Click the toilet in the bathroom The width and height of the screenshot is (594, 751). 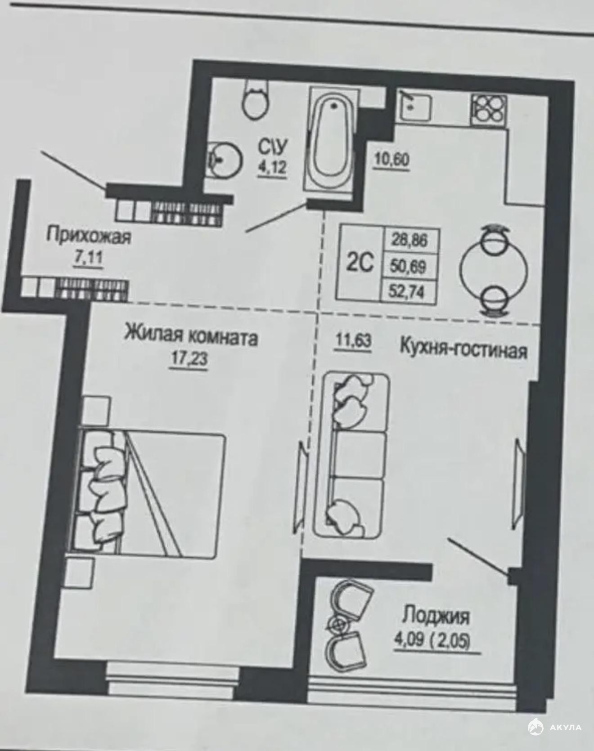coord(256,100)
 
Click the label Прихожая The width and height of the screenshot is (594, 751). coord(89,236)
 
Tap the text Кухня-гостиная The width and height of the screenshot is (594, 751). coord(463,349)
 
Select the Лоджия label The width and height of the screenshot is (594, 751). coord(436,616)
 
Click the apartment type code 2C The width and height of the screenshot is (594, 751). coord(360,263)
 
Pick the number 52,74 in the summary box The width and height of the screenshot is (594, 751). coord(408,292)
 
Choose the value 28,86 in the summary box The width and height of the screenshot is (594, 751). coord(409,240)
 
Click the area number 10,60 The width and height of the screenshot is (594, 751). coord(391,160)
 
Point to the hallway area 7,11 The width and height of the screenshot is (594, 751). coord(88,259)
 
